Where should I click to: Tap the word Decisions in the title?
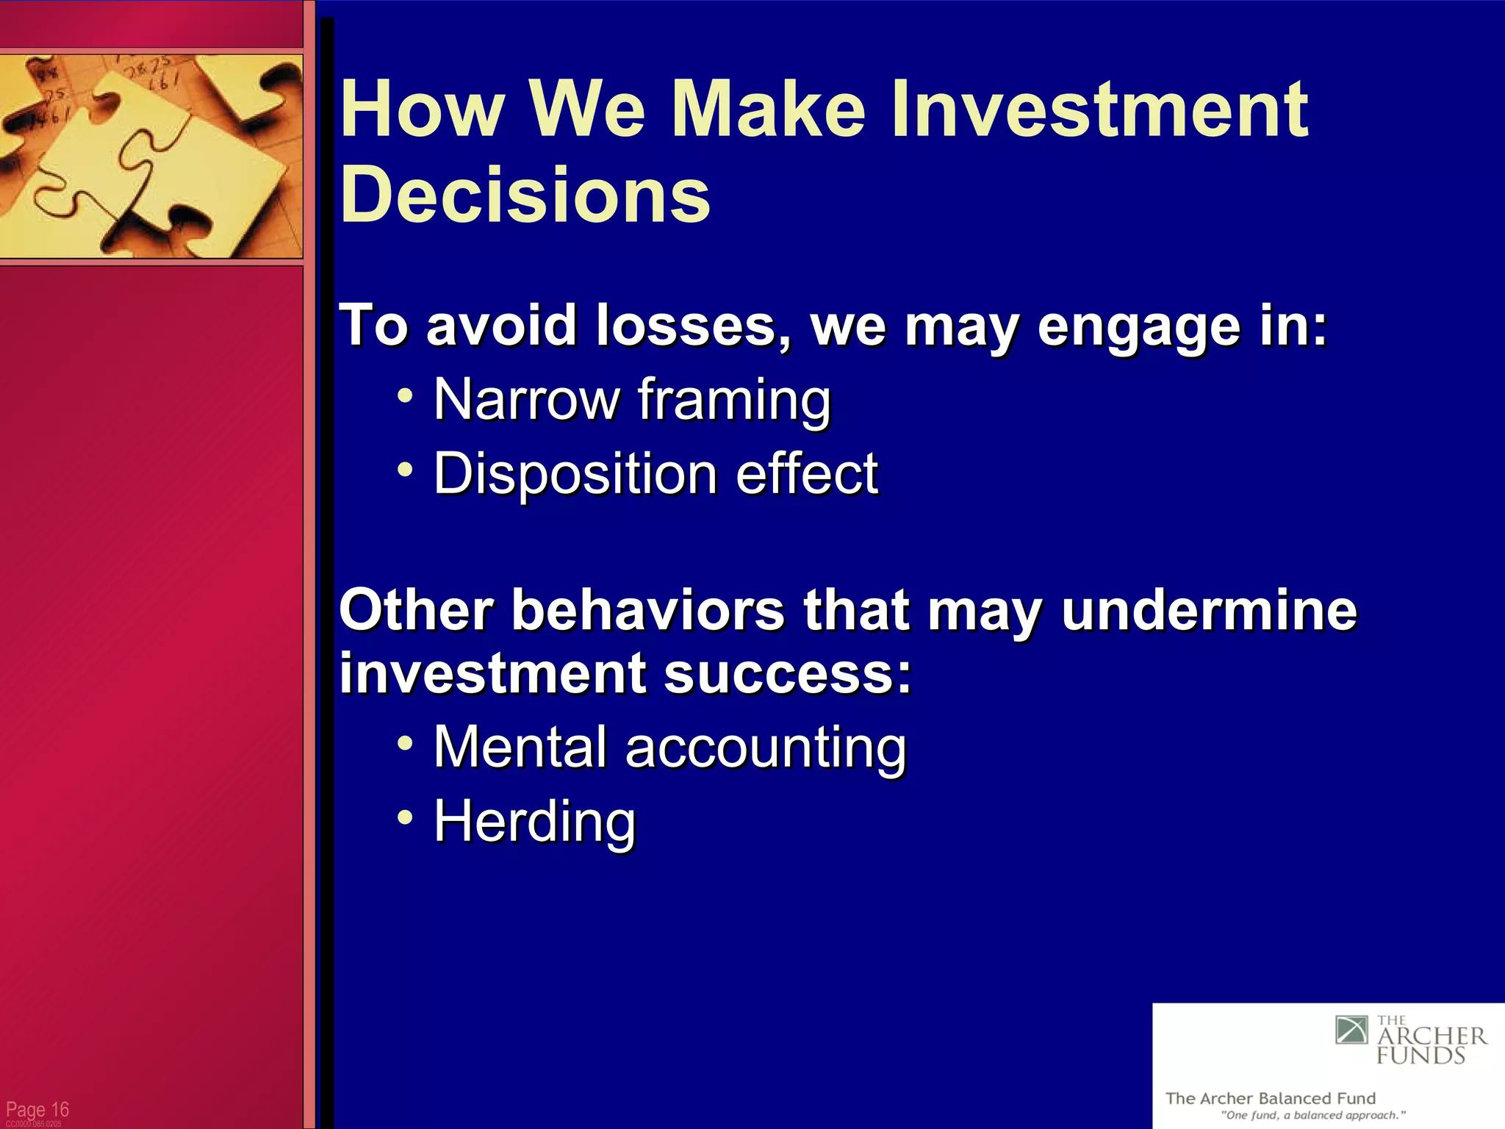[525, 195]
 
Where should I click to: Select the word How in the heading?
[422, 110]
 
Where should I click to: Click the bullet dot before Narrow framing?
[405, 395]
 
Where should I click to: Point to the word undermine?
[1209, 610]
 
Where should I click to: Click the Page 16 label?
[37, 1109]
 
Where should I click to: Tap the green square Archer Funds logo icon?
[1351, 1030]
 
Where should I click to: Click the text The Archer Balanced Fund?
[1271, 1098]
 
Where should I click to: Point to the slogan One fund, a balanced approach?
[1313, 1115]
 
